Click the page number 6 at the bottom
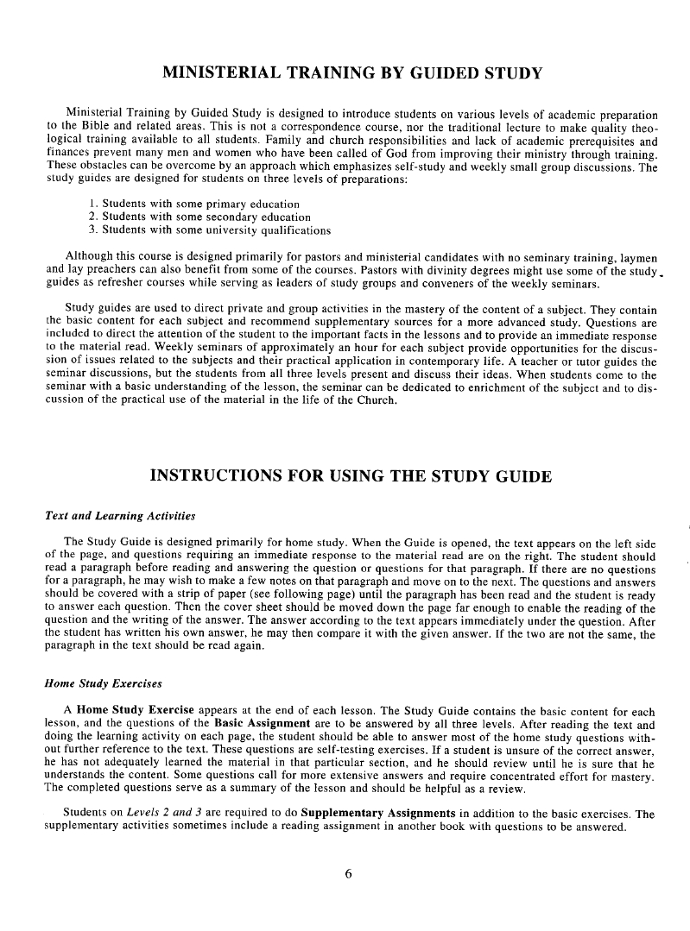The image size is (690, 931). click(x=348, y=872)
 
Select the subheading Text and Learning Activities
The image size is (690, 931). click(x=119, y=516)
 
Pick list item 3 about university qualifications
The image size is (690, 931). click(x=210, y=230)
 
